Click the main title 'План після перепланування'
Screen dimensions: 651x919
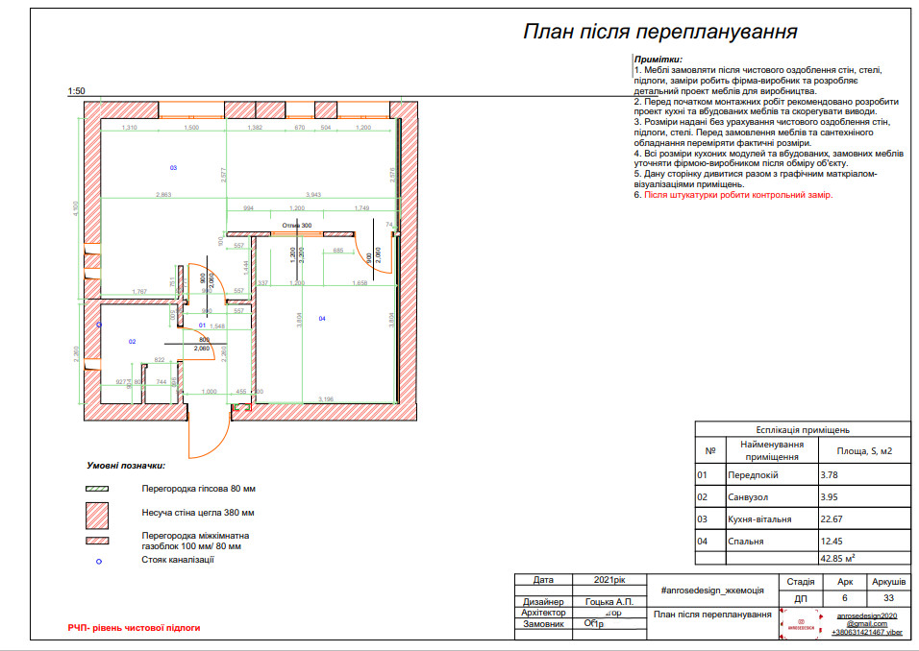pyautogui.click(x=659, y=32)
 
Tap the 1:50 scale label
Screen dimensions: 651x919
pyautogui.click(x=77, y=91)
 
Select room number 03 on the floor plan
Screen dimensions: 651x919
pyautogui.click(x=173, y=168)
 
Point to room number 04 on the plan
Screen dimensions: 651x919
pyautogui.click(x=322, y=318)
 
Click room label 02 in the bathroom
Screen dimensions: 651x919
pyautogui.click(x=132, y=341)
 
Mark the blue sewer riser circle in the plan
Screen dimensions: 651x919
pyautogui.click(x=100, y=325)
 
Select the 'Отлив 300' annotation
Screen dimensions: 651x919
pyautogui.click(x=297, y=226)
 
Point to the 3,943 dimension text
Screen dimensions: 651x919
pyautogui.click(x=313, y=195)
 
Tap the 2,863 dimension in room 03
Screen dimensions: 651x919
pyautogui.click(x=163, y=195)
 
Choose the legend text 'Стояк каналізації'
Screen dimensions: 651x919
pyautogui.click(x=178, y=559)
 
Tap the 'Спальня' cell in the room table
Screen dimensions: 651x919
pyautogui.click(x=746, y=542)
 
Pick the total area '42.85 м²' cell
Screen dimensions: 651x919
pyautogui.click(x=838, y=557)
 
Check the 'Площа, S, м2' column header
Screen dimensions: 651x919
pyautogui.click(x=858, y=450)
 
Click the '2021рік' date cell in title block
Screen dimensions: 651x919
pyautogui.click(x=605, y=580)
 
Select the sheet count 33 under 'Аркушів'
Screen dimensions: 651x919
pyautogui.click(x=887, y=596)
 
